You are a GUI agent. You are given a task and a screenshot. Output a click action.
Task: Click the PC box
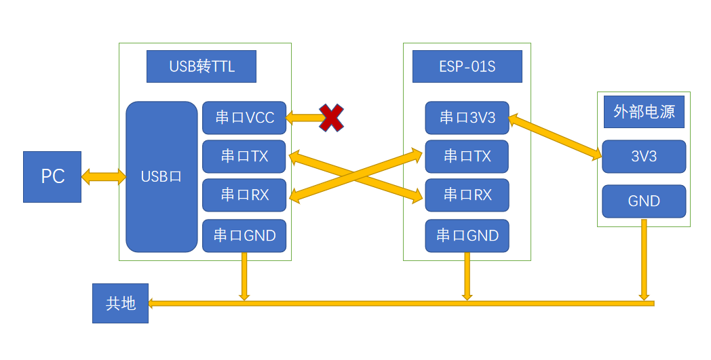[52, 177]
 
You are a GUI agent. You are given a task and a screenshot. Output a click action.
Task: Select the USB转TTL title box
[201, 66]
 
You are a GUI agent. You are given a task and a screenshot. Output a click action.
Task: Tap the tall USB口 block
[161, 177]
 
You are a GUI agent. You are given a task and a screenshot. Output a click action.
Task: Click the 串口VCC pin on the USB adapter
[244, 118]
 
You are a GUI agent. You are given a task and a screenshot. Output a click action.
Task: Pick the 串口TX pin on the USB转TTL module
[244, 157]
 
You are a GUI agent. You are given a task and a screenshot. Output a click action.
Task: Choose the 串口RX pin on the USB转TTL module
[244, 195]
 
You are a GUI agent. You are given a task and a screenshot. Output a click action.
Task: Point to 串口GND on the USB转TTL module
[244, 235]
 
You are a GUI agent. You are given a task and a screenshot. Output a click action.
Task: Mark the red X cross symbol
[330, 118]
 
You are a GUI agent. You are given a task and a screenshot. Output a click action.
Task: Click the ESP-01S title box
[467, 66]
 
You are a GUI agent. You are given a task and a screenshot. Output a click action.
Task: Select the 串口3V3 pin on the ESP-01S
[467, 118]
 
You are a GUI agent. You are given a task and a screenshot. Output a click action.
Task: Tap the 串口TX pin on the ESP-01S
[467, 157]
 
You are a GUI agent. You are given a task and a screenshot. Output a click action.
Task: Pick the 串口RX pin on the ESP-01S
[467, 195]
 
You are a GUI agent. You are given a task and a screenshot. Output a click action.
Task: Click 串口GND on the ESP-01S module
[467, 235]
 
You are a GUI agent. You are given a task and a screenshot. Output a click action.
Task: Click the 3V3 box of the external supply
[644, 157]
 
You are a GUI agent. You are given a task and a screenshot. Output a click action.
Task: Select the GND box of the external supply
[644, 201]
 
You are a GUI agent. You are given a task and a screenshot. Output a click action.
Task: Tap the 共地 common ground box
[120, 304]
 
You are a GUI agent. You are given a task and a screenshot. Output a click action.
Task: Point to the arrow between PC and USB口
[104, 178]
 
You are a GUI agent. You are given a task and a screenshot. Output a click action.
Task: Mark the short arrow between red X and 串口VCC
[305, 118]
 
